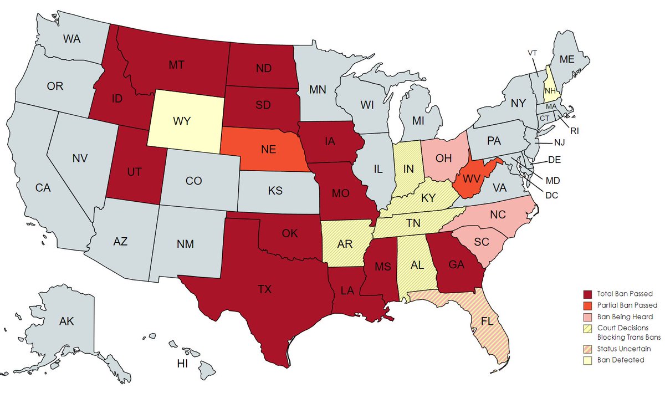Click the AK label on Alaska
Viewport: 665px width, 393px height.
[x=66, y=321]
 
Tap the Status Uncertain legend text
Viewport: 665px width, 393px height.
[x=623, y=349]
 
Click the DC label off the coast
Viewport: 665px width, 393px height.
[x=551, y=195]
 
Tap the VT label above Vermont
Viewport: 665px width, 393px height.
[x=533, y=53]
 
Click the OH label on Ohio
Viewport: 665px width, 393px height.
[x=443, y=159]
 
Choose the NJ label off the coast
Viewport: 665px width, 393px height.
[x=559, y=142]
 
